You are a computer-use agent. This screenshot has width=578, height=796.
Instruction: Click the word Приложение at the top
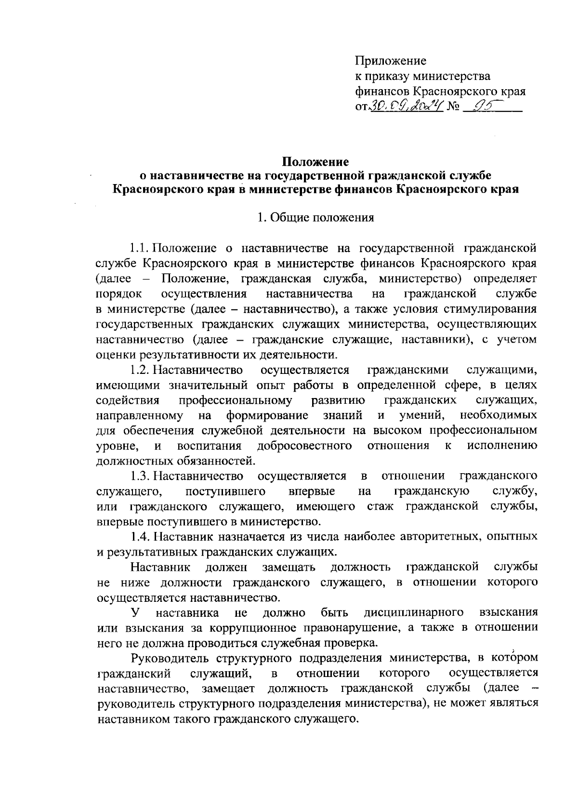391,61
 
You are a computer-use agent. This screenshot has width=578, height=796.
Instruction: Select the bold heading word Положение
315,161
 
